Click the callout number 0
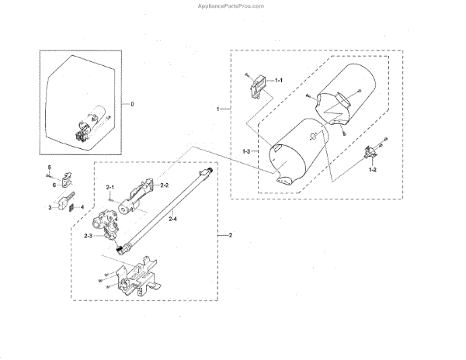click(132, 103)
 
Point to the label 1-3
click(246, 149)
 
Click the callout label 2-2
click(164, 186)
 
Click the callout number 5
click(48, 168)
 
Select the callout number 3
click(48, 207)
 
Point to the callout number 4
click(82, 207)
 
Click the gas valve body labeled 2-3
click(106, 223)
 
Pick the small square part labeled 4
click(72, 208)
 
